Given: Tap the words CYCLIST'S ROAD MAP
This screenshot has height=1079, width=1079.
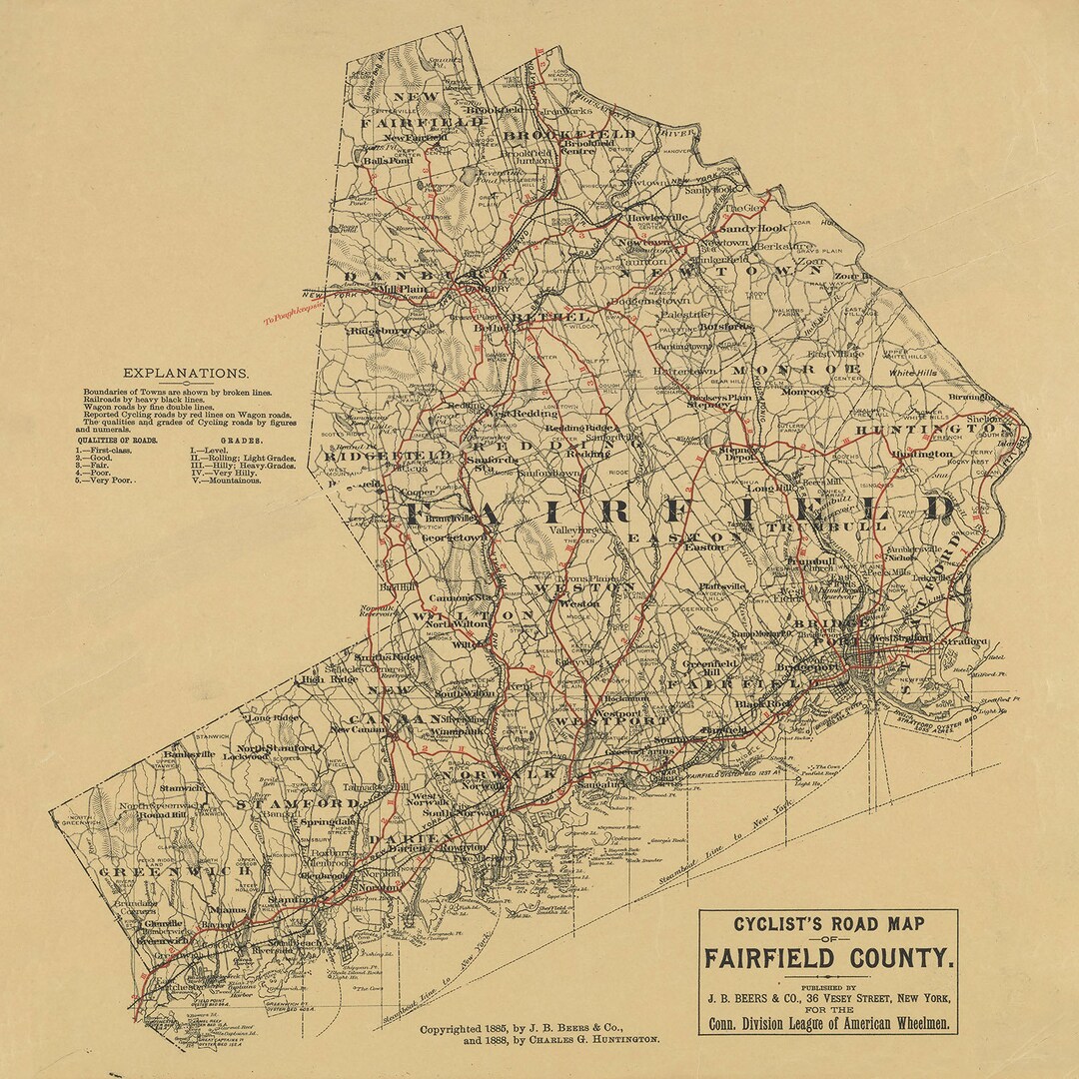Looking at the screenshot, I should click(827, 925).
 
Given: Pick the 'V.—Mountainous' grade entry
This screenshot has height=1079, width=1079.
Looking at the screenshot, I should click(226, 480).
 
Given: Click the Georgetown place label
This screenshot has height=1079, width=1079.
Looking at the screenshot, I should click(455, 537).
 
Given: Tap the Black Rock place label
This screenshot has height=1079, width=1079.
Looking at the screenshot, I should click(762, 703).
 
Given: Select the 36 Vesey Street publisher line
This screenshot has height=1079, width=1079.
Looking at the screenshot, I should click(827, 998).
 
